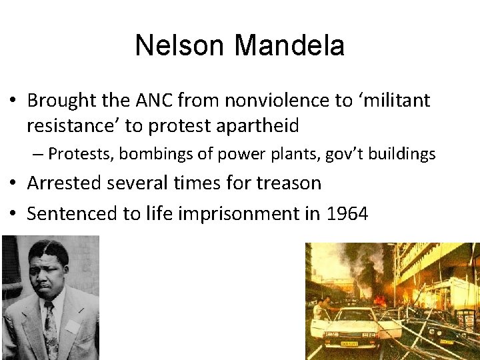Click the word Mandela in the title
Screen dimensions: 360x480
pyautogui.click(x=290, y=46)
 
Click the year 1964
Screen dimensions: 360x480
pyautogui.click(x=346, y=214)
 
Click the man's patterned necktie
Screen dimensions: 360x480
pyautogui.click(x=51, y=330)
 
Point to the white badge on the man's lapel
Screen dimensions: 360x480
pyautogui.click(x=71, y=325)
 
